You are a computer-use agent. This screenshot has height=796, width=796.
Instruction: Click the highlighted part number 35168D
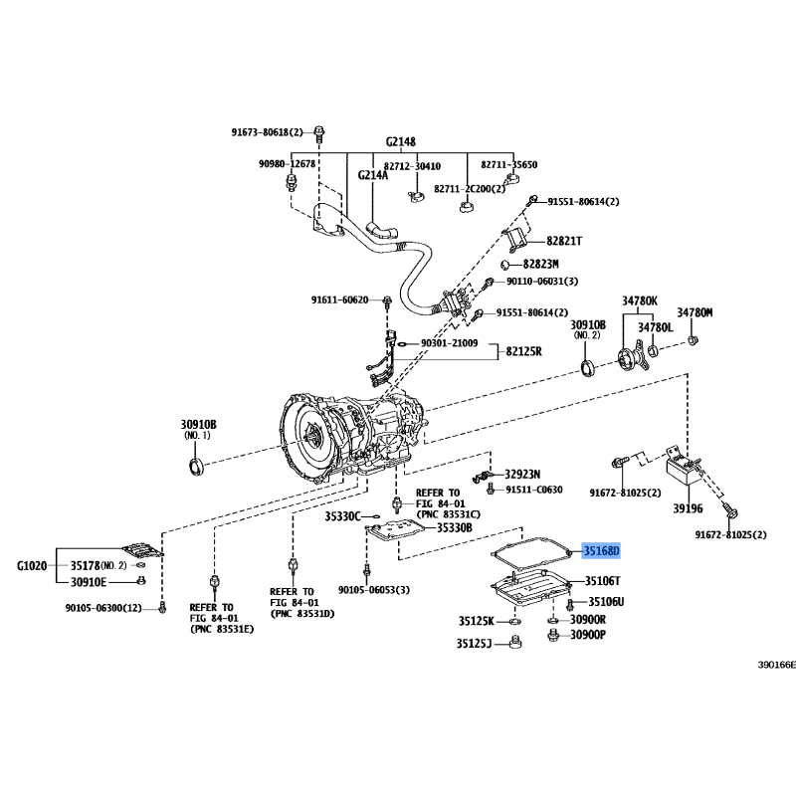click(601, 550)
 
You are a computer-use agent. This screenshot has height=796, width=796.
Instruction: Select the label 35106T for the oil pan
click(602, 581)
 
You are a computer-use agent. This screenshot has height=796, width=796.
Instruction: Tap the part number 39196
click(686, 507)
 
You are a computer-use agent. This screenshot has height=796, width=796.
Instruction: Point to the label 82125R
click(523, 351)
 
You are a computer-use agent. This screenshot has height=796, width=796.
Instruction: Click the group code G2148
click(400, 142)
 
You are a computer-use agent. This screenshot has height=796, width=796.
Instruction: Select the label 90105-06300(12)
click(103, 607)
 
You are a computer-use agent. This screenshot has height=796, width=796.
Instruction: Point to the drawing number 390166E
click(776, 664)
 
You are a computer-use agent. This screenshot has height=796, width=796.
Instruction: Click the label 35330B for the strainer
click(455, 527)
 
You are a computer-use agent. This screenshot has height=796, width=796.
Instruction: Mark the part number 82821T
click(564, 241)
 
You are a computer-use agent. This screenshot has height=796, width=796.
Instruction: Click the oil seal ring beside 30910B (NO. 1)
click(195, 467)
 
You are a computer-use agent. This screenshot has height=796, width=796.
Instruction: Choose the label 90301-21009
click(449, 344)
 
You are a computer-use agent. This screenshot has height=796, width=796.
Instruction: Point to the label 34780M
click(696, 311)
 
